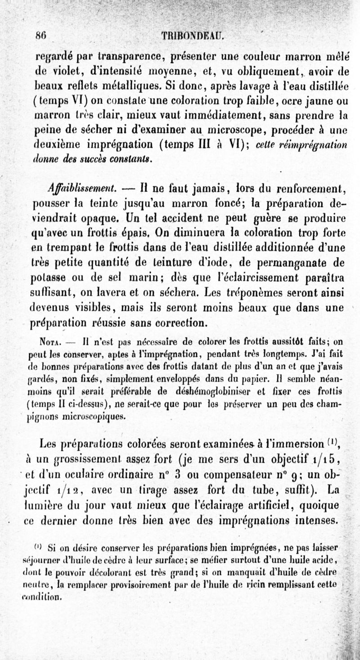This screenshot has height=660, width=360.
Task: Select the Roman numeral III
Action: (193, 145)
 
